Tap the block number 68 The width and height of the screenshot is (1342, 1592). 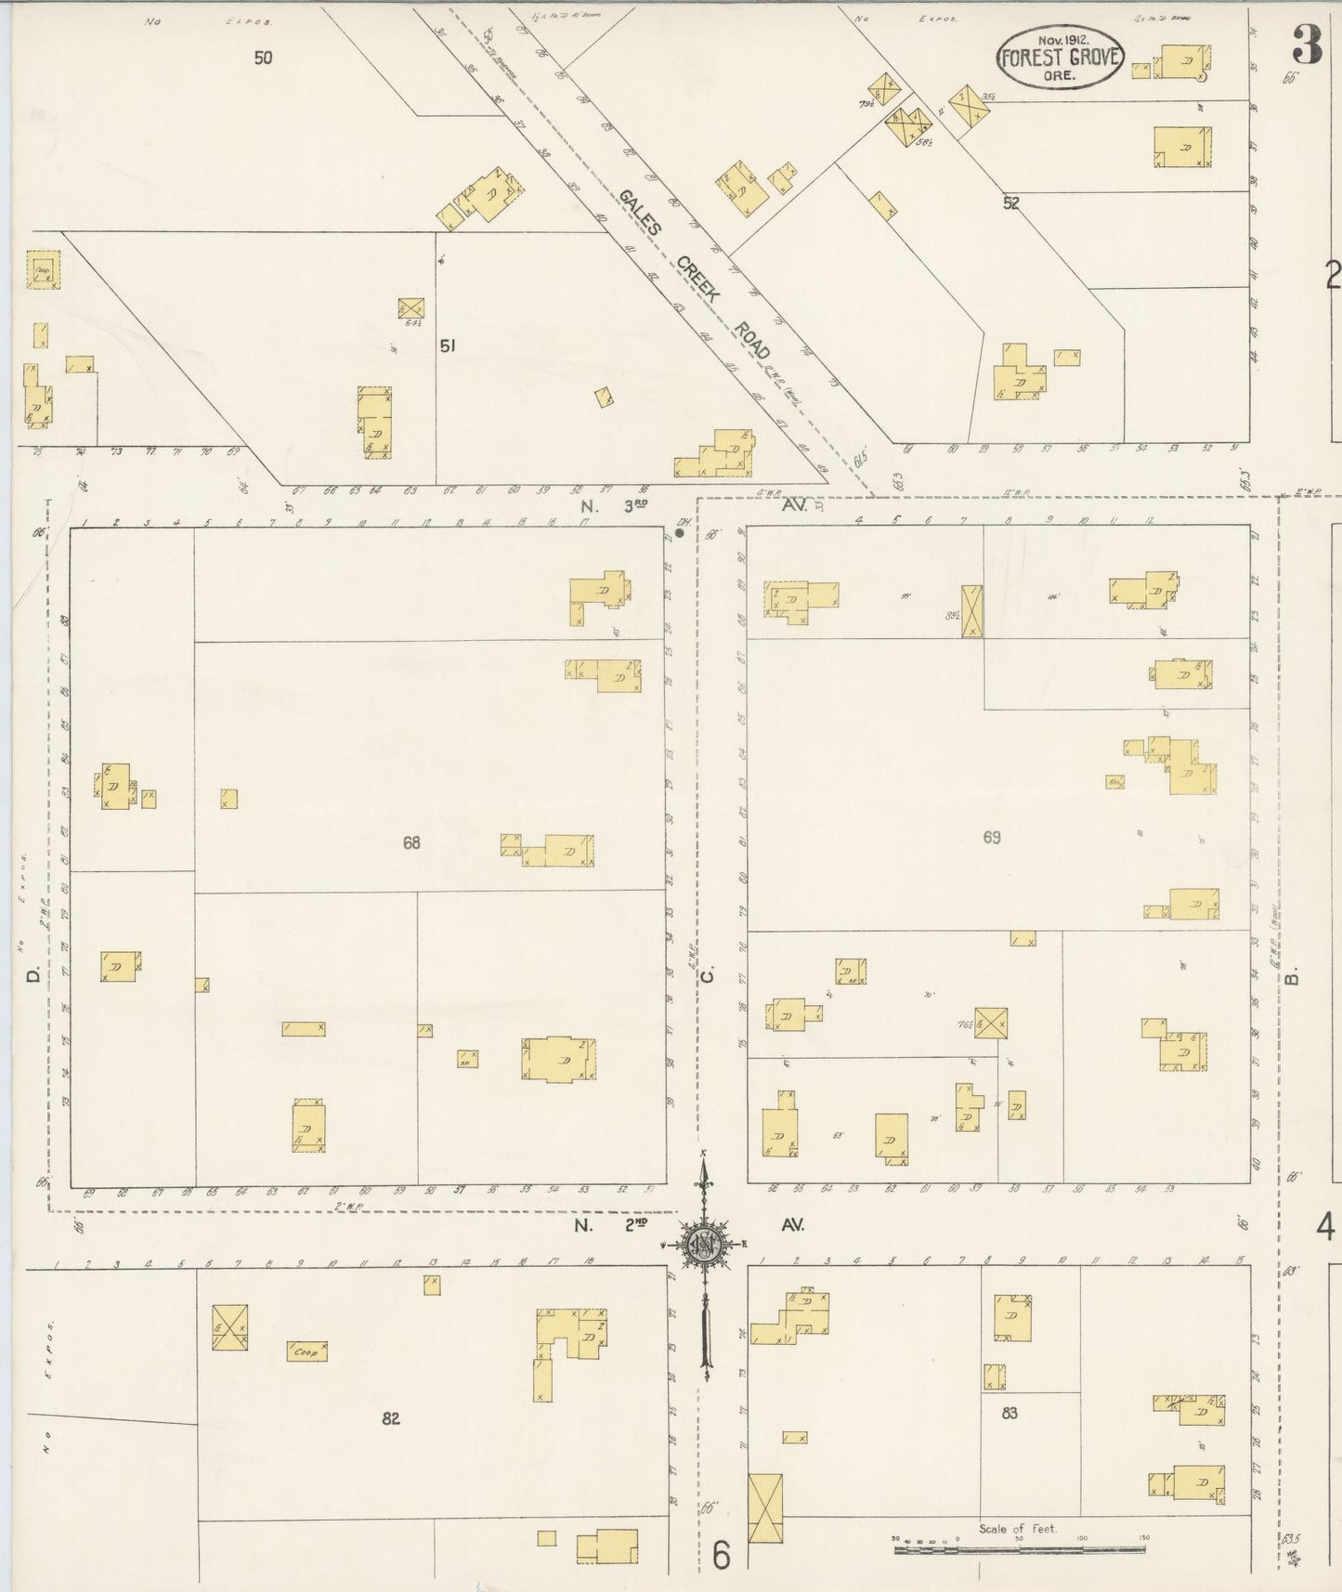point(411,843)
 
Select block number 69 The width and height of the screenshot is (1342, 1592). point(992,838)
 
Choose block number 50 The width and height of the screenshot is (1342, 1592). point(264,58)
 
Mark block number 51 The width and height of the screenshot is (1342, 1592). point(448,346)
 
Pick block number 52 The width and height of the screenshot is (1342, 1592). point(1010,202)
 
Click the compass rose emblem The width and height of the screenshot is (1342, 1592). point(705,1246)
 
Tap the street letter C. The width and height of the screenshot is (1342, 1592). point(707,974)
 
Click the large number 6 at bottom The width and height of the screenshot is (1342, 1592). point(722,1555)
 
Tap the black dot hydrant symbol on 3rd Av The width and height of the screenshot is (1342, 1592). point(681,532)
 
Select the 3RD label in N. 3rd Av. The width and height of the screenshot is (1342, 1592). point(634,505)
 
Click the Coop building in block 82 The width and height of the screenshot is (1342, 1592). point(306,1352)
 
